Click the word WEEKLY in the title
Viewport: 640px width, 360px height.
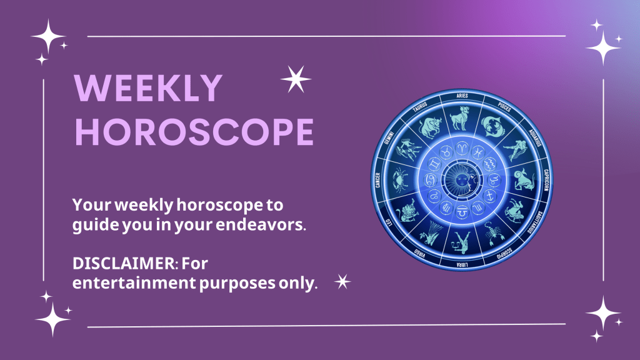click(148, 89)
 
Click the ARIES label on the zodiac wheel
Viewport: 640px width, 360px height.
click(462, 96)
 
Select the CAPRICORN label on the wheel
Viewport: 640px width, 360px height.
click(546, 180)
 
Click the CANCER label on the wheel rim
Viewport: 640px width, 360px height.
click(378, 180)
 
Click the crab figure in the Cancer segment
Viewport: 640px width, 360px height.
click(401, 180)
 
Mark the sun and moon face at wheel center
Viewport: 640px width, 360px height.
click(462, 179)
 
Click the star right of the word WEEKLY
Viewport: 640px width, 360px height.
click(296, 79)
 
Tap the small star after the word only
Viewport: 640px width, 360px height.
click(342, 282)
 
